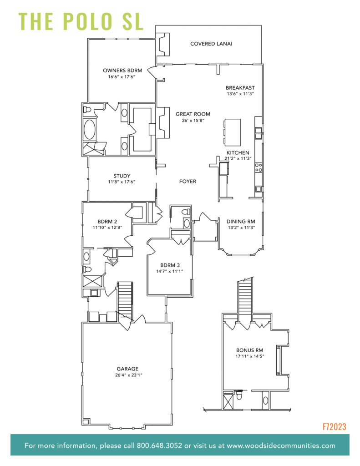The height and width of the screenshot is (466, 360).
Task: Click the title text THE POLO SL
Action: click(x=81, y=21)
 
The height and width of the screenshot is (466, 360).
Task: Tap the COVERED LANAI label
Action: click(x=211, y=44)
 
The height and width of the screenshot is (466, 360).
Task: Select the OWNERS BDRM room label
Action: click(x=122, y=71)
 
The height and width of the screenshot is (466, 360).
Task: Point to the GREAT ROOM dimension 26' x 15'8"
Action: click(x=193, y=121)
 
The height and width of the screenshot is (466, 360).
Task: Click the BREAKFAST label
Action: click(x=240, y=87)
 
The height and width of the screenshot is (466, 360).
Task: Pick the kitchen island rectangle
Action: click(x=232, y=132)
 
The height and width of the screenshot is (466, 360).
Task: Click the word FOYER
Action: click(x=188, y=181)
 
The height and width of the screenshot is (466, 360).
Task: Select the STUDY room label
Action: click(x=122, y=176)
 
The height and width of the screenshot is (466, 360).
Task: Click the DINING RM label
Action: click(x=241, y=222)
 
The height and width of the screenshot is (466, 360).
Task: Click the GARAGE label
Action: click(x=127, y=369)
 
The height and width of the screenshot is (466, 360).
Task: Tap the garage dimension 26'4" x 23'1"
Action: click(x=127, y=375)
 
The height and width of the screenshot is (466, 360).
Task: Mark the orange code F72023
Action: click(x=334, y=426)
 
